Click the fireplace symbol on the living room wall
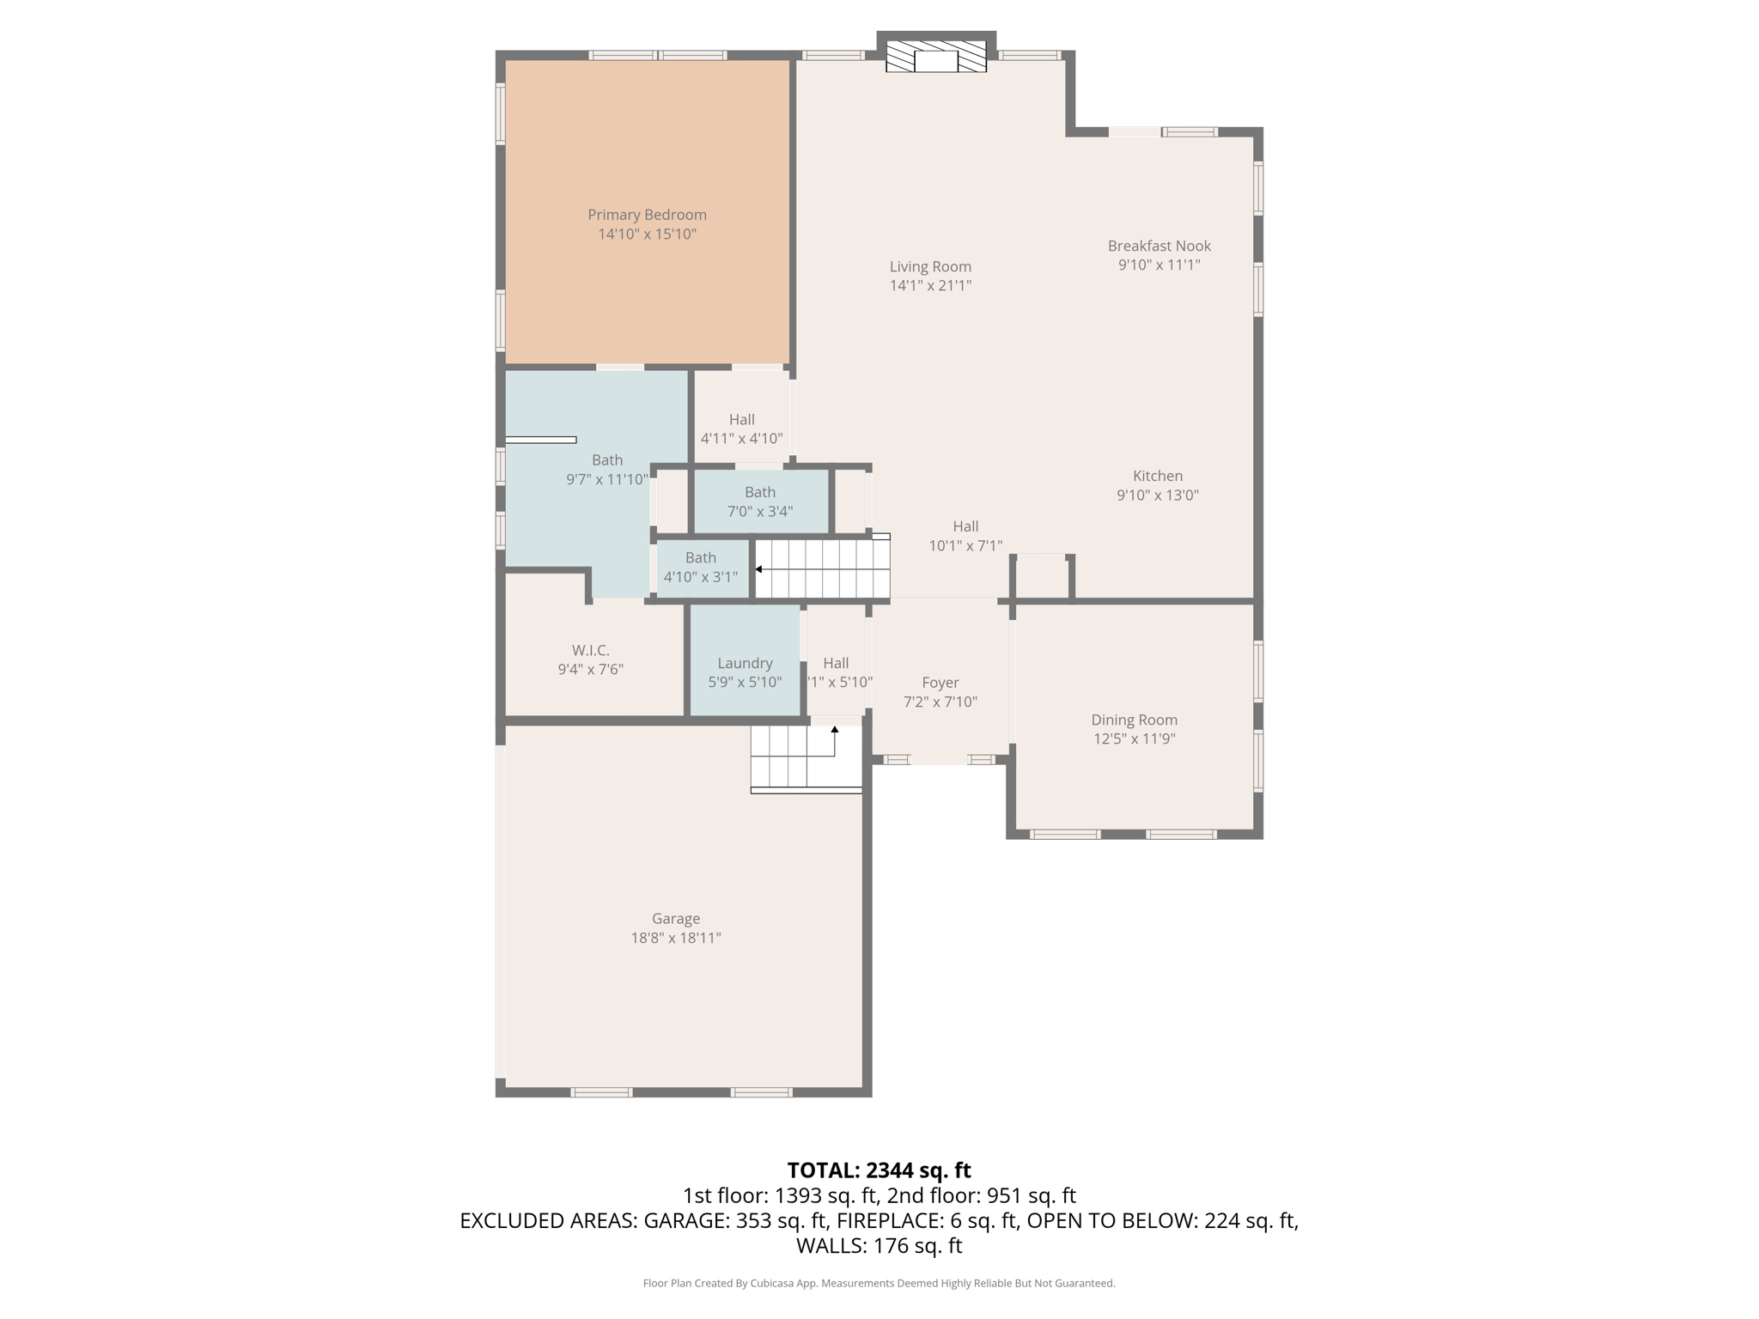coord(935,58)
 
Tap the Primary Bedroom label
coord(647,215)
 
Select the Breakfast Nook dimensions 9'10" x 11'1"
coord(1159,265)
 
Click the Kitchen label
coord(1157,476)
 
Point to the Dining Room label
coord(1134,720)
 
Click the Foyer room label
coord(940,683)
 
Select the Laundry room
coord(745,663)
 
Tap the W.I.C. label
coord(590,651)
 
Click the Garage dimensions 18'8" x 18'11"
coord(675,938)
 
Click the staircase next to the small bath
coord(823,569)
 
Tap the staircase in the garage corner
coord(805,757)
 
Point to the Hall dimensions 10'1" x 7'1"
coord(965,546)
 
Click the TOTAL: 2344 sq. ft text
coord(879,1170)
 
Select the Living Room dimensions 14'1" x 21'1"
coord(930,286)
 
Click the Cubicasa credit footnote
coord(879,1283)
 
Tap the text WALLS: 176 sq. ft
coord(879,1246)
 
